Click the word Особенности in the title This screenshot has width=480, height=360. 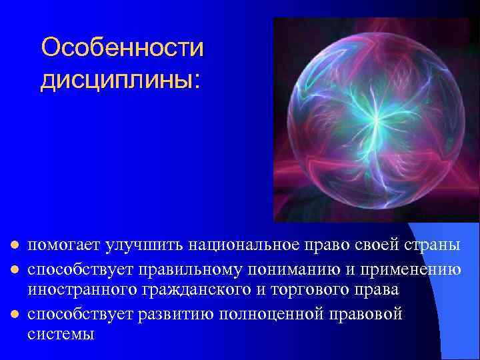click(122, 47)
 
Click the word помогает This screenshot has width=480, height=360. click(65, 245)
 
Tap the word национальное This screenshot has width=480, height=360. click(236, 245)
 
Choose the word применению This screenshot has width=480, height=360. click(413, 269)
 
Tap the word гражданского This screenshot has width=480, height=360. click(187, 291)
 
